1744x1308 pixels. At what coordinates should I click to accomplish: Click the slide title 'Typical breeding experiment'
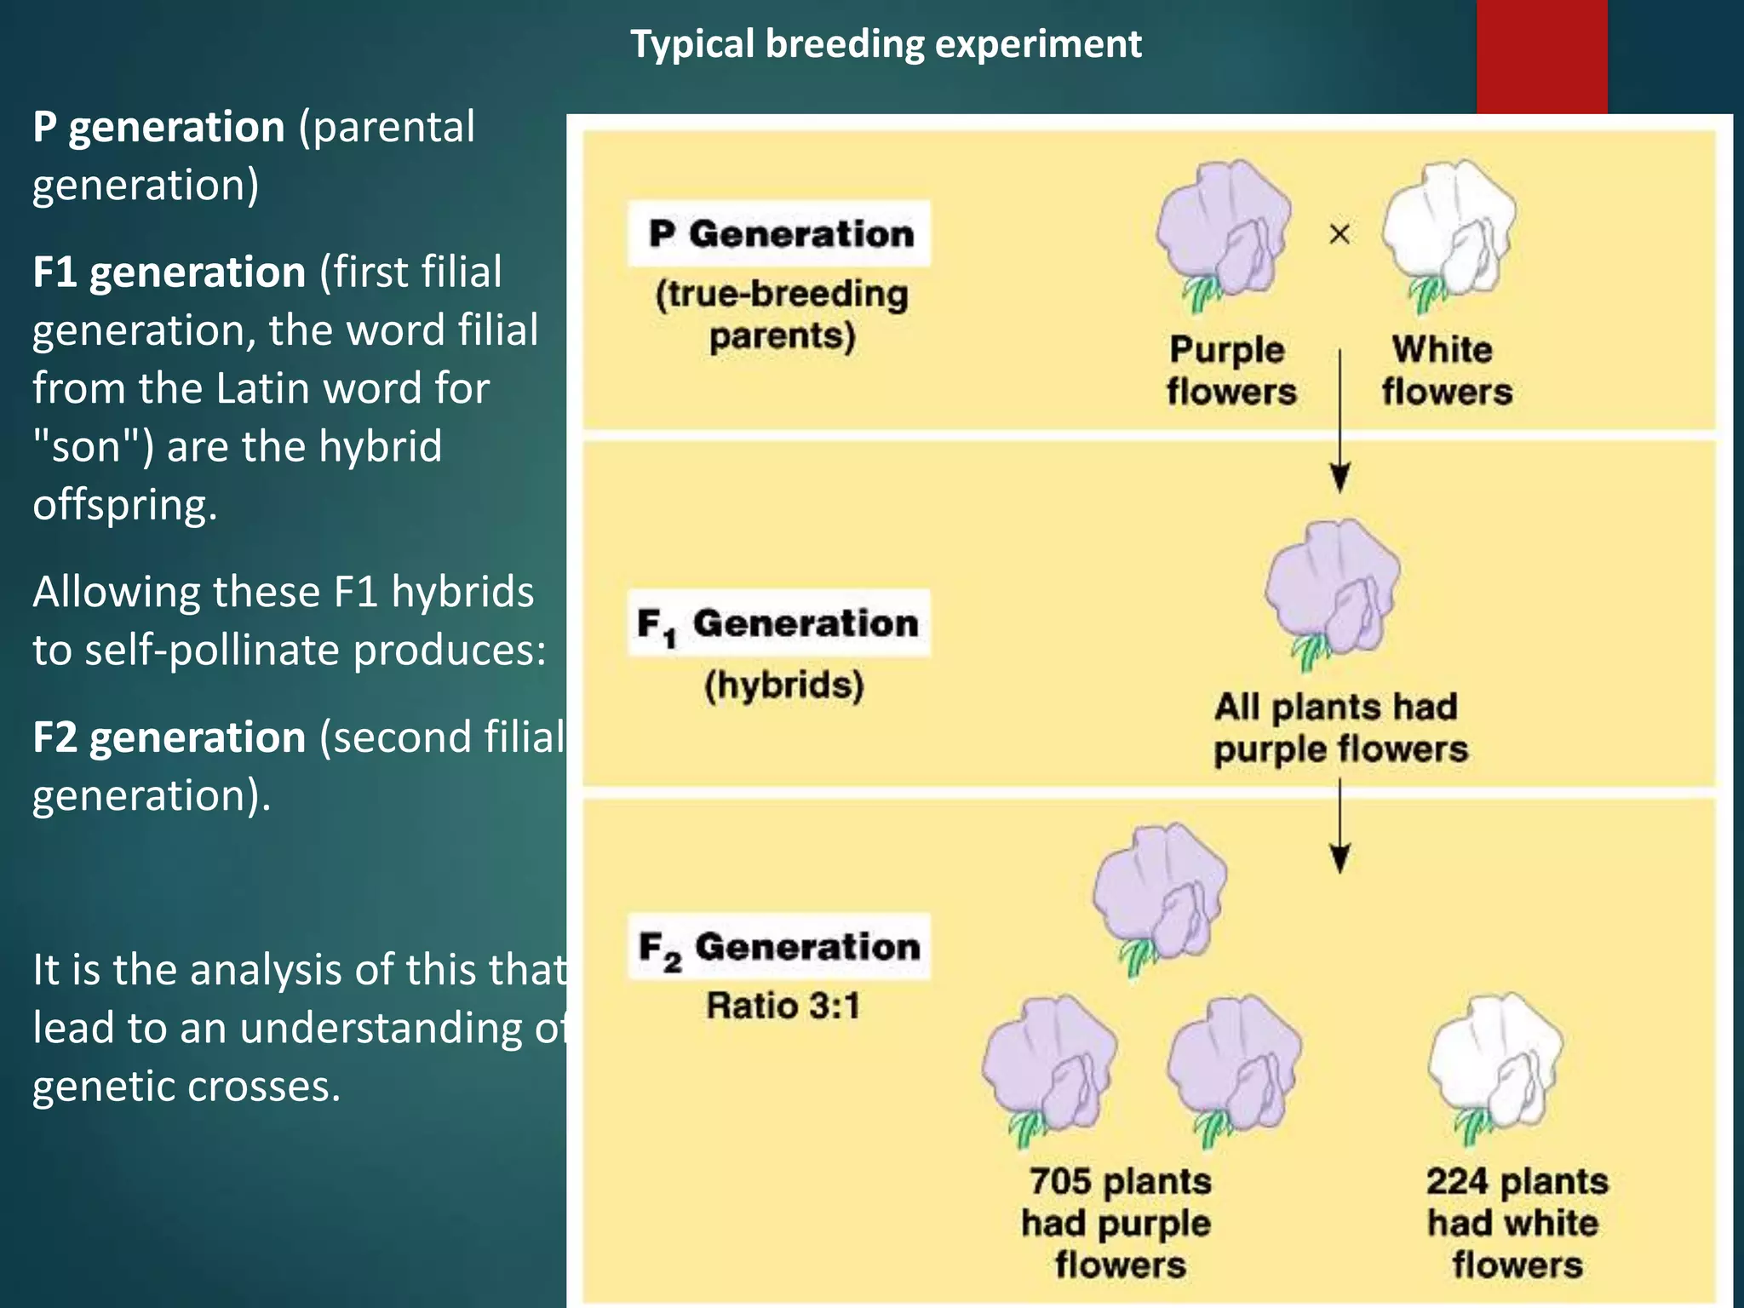(886, 44)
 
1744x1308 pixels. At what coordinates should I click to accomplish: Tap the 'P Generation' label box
(779, 234)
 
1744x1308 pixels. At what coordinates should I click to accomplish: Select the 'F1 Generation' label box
(779, 623)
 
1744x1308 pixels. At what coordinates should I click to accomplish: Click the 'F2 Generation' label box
(779, 947)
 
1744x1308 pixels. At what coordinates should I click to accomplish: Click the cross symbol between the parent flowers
(1340, 233)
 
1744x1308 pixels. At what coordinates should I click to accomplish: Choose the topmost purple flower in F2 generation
(1160, 894)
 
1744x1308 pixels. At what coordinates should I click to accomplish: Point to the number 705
(1060, 1181)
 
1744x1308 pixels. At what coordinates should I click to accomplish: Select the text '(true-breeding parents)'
(782, 314)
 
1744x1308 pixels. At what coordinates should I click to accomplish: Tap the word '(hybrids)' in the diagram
(783, 685)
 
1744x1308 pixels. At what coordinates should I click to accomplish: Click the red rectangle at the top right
(1542, 56)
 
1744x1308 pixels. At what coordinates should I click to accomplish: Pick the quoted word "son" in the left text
(94, 446)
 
